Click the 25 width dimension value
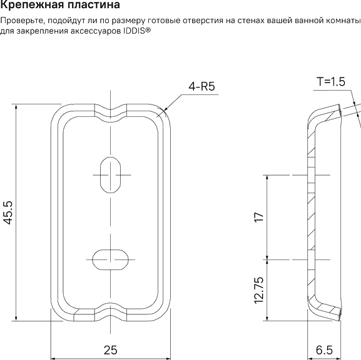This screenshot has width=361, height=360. click(110, 350)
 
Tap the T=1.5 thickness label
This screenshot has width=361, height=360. click(331, 81)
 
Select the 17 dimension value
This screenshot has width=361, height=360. click(258, 217)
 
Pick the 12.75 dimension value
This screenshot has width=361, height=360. click(258, 289)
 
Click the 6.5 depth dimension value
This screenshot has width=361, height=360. click(324, 350)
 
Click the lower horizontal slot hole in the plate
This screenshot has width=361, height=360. click(111, 257)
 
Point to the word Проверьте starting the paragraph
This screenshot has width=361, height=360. click(24, 21)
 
